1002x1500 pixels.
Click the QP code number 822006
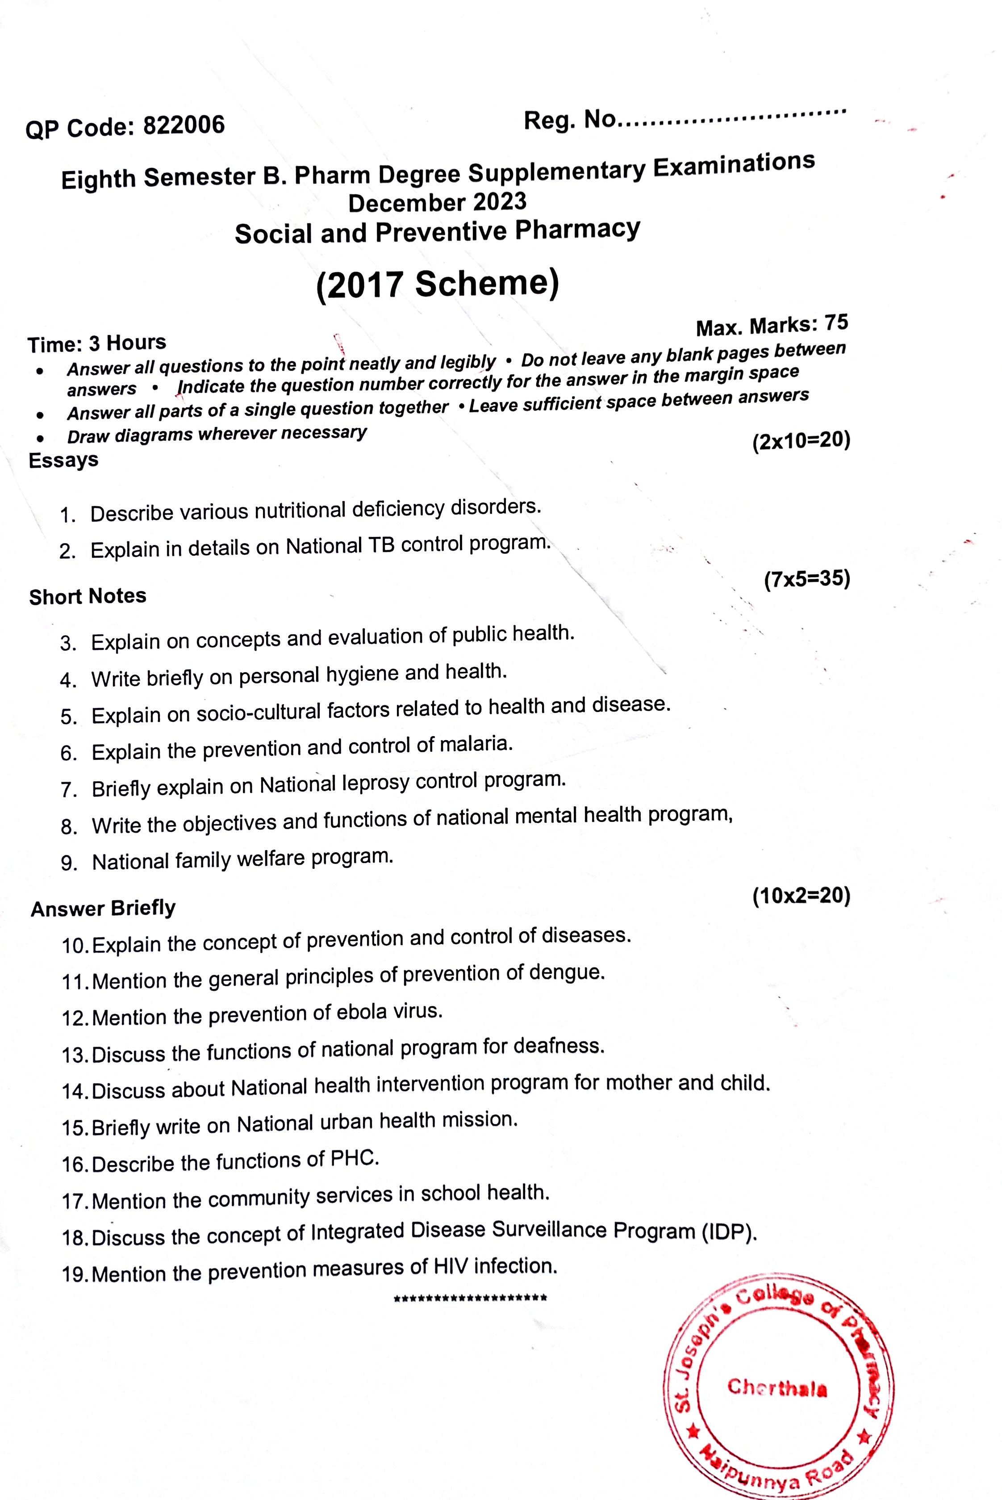pos(184,125)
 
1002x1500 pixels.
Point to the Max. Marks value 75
pos(836,323)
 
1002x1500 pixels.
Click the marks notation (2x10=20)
pos(802,441)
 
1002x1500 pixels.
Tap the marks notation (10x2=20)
pos(802,896)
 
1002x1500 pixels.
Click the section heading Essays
pos(63,460)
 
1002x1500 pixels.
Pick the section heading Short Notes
pos(88,596)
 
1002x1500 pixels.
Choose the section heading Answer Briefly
pos(103,908)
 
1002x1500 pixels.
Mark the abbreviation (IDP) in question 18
pos(729,1231)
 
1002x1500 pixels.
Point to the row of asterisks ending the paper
pos(470,1299)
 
